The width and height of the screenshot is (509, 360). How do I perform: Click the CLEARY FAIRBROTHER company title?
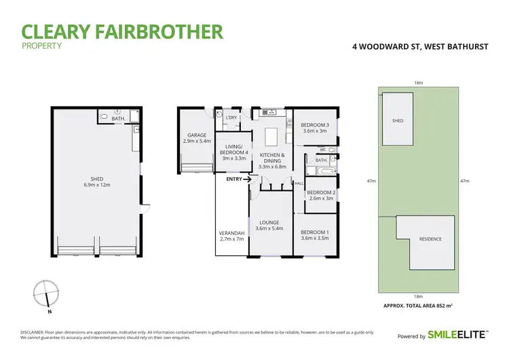122,31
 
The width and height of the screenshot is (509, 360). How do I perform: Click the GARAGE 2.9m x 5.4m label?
197,139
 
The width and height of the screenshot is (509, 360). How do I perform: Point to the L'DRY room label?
231,118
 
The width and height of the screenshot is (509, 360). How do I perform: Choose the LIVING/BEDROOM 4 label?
233,152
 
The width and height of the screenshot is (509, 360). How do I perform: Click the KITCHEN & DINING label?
271,161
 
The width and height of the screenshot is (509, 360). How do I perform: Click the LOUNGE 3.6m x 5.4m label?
270,226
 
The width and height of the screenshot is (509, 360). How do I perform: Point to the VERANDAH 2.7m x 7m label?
231,236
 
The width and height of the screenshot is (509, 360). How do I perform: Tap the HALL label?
298,183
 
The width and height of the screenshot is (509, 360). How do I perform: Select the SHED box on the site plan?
398,120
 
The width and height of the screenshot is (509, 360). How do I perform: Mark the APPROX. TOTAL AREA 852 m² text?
419,306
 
